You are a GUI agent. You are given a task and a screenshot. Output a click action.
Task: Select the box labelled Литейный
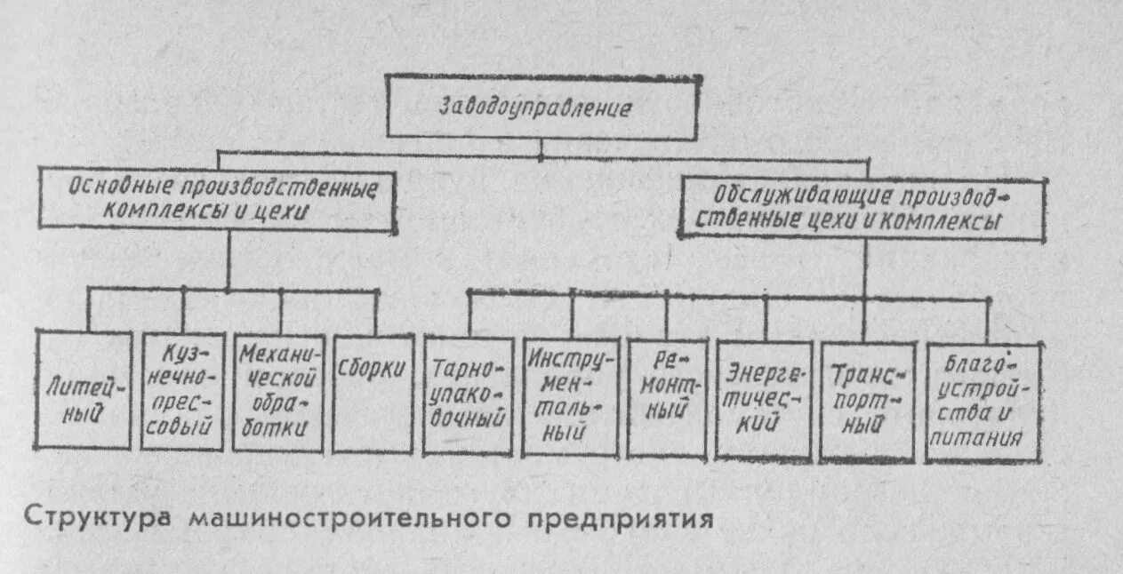83,391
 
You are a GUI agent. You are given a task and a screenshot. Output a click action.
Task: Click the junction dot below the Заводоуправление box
541,156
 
